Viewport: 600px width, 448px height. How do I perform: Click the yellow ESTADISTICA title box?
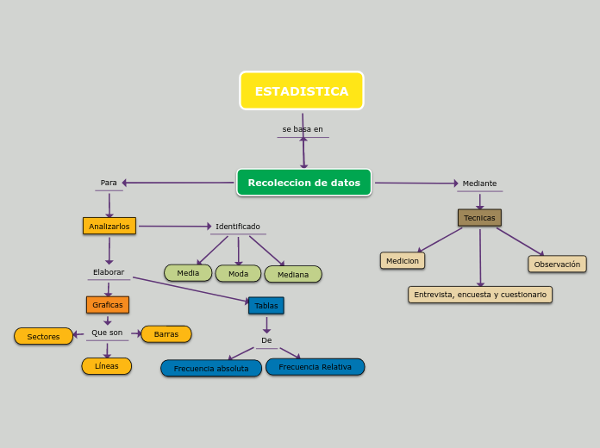302,90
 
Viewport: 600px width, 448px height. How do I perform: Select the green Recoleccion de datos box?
303,183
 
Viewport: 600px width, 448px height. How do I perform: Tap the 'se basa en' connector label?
303,129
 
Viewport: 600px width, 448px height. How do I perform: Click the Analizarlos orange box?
109,226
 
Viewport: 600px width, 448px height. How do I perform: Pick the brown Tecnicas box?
479,218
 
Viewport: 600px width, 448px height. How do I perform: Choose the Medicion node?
403,261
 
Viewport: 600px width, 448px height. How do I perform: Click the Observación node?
557,264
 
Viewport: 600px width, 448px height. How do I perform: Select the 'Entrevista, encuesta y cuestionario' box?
480,295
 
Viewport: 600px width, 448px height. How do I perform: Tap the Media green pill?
188,273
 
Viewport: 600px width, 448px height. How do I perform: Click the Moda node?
238,274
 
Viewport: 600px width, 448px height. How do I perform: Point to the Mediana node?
293,275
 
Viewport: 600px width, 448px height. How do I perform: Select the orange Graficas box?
108,305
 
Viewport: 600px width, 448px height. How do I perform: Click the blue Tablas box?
266,306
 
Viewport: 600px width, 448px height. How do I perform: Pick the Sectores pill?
43,337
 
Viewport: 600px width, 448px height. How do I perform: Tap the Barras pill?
166,334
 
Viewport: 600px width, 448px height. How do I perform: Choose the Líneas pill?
107,366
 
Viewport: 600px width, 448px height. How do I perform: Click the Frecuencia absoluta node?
211,369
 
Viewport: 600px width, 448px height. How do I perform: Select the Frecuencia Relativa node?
315,367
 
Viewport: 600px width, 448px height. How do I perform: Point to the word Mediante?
479,184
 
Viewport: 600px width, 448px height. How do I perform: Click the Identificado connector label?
238,227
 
